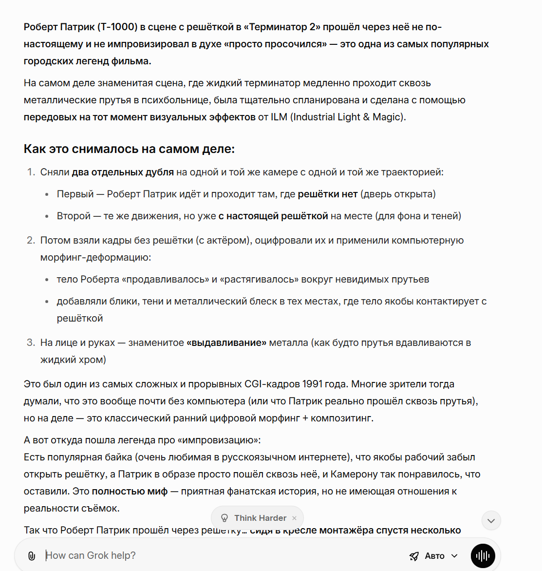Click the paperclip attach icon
pyautogui.click(x=32, y=556)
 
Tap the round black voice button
pyautogui.click(x=483, y=556)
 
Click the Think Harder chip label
pyautogui.click(x=260, y=518)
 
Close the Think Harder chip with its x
pyautogui.click(x=294, y=518)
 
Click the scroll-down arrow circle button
pyautogui.click(x=491, y=520)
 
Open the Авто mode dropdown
pyautogui.click(x=434, y=556)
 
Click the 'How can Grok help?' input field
pyautogui.click(x=195, y=555)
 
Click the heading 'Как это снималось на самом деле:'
pyautogui.click(x=129, y=149)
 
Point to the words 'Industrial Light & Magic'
pyautogui.click(x=348, y=117)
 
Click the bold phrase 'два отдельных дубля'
pyautogui.click(x=123, y=172)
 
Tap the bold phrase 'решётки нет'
pyautogui.click(x=328, y=194)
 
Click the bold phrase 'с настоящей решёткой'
pyautogui.click(x=273, y=216)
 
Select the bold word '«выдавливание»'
pyautogui.click(x=226, y=343)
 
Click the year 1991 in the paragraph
pyautogui.click(x=312, y=384)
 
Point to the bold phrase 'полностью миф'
pyautogui.click(x=130, y=491)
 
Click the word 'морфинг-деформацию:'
pyautogui.click(x=95, y=257)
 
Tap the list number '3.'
pyautogui.click(x=31, y=343)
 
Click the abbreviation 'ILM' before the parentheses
pyautogui.click(x=279, y=117)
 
